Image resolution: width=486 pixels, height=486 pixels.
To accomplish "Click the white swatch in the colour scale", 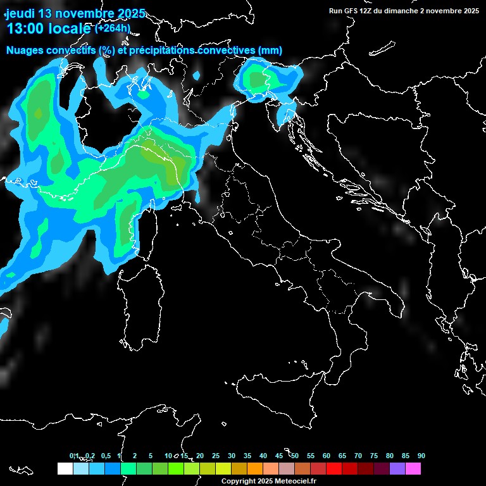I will point(65,468).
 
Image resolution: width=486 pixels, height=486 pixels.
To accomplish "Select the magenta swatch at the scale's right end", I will point(413,468).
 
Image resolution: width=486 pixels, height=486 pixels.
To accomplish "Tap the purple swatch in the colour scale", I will point(397,468).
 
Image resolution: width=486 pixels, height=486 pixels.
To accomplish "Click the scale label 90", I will point(421,456).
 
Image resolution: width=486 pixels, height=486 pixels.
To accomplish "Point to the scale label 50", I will point(295,456).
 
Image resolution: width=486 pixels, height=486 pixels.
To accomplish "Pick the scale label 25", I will point(216,456).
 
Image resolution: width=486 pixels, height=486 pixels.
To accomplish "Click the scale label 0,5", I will point(105,456).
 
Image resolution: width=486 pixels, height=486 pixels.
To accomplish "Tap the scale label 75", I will point(373,456).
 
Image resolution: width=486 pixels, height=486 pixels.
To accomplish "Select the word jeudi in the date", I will point(20,13).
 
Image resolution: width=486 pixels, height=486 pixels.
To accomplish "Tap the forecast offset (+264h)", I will point(112,28).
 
